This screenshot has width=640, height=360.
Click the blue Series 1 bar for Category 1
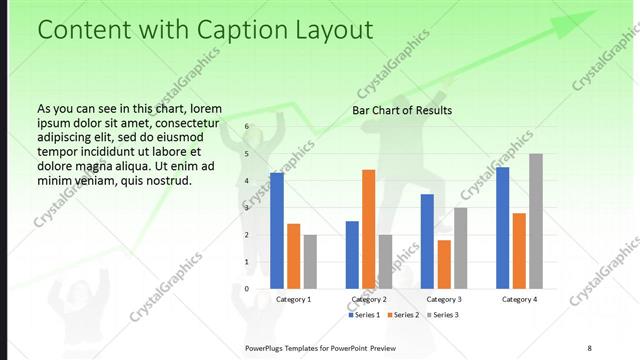[277, 230]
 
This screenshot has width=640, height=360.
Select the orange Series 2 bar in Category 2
[368, 229]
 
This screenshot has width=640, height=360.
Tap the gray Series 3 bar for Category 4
[536, 221]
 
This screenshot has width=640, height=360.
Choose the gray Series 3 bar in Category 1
[310, 261]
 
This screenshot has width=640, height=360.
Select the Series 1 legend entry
[365, 315]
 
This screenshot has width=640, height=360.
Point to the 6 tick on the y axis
[246, 127]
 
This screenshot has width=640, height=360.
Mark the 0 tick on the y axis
[246, 288]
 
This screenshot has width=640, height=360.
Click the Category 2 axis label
[369, 299]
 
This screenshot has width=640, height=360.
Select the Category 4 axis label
[519, 299]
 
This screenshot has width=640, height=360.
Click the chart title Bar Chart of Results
[402, 110]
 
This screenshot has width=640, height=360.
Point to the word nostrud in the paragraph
[165, 180]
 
